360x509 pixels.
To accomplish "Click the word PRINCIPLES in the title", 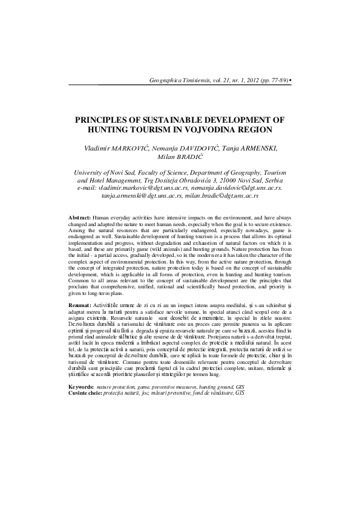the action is [104, 120].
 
